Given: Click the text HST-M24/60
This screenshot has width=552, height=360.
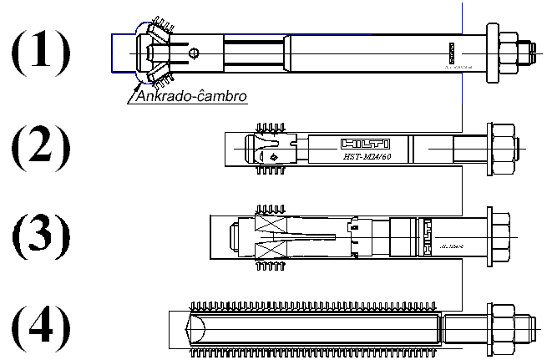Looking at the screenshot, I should point(365,156).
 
